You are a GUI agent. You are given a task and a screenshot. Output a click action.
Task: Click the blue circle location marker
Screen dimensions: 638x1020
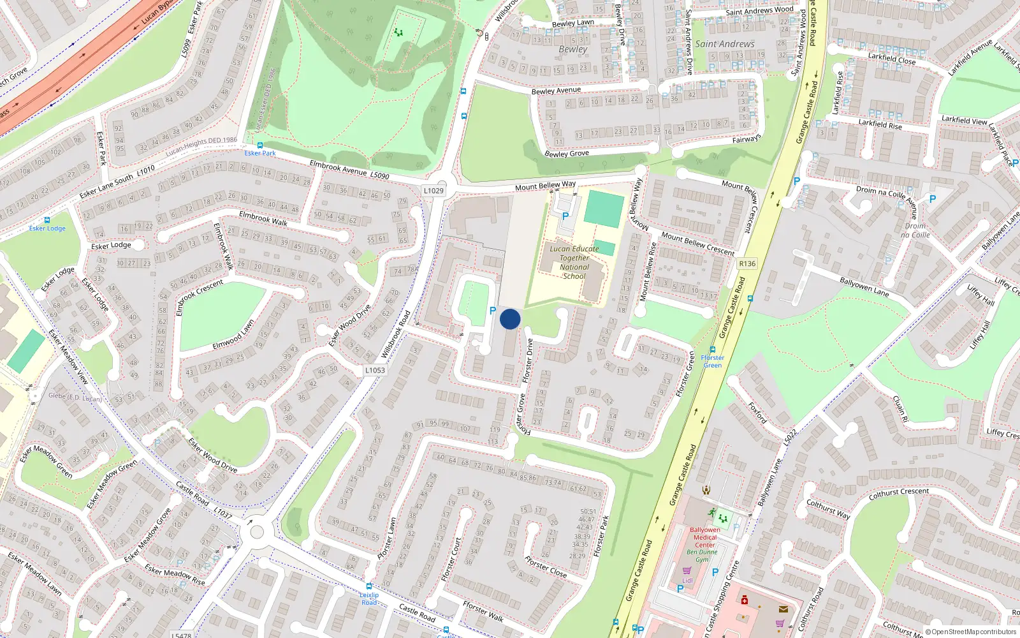coord(510,319)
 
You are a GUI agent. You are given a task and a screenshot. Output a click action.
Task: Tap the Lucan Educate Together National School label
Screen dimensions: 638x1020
coord(574,263)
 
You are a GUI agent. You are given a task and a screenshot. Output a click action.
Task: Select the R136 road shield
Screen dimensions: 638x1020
coord(747,263)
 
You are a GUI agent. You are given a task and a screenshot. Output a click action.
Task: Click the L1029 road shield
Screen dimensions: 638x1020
coord(433,191)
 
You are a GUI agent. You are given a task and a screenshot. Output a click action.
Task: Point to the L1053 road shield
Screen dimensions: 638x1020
coord(375,370)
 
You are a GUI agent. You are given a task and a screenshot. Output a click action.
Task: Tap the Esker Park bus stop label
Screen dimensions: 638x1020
coord(260,153)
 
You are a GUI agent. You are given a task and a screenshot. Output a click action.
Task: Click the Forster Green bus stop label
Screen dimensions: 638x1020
coord(712,361)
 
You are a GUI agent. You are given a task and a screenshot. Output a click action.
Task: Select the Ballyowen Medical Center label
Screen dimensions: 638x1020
coord(704,537)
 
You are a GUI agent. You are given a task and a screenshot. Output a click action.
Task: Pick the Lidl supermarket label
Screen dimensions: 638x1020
coord(687,581)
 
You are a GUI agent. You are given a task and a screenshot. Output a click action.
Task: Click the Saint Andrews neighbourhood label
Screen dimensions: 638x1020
coord(724,44)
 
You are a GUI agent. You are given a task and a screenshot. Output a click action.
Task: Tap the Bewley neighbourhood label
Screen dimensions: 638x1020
coord(572,49)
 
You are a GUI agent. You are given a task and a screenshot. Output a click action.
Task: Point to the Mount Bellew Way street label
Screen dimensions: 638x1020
coord(545,186)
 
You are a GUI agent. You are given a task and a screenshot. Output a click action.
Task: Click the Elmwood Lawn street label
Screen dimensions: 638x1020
coord(233,334)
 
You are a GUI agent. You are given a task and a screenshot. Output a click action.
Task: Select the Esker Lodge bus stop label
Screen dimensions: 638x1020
coord(47,228)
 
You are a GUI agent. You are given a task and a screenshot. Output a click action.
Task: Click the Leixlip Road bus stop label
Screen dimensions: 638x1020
coord(369,598)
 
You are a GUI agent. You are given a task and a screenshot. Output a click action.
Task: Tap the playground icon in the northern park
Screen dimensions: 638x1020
coord(399,31)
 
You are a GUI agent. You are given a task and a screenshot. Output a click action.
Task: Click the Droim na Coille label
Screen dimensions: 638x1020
coord(915,230)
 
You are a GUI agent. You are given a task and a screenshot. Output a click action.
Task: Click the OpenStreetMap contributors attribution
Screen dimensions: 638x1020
coord(971,632)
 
